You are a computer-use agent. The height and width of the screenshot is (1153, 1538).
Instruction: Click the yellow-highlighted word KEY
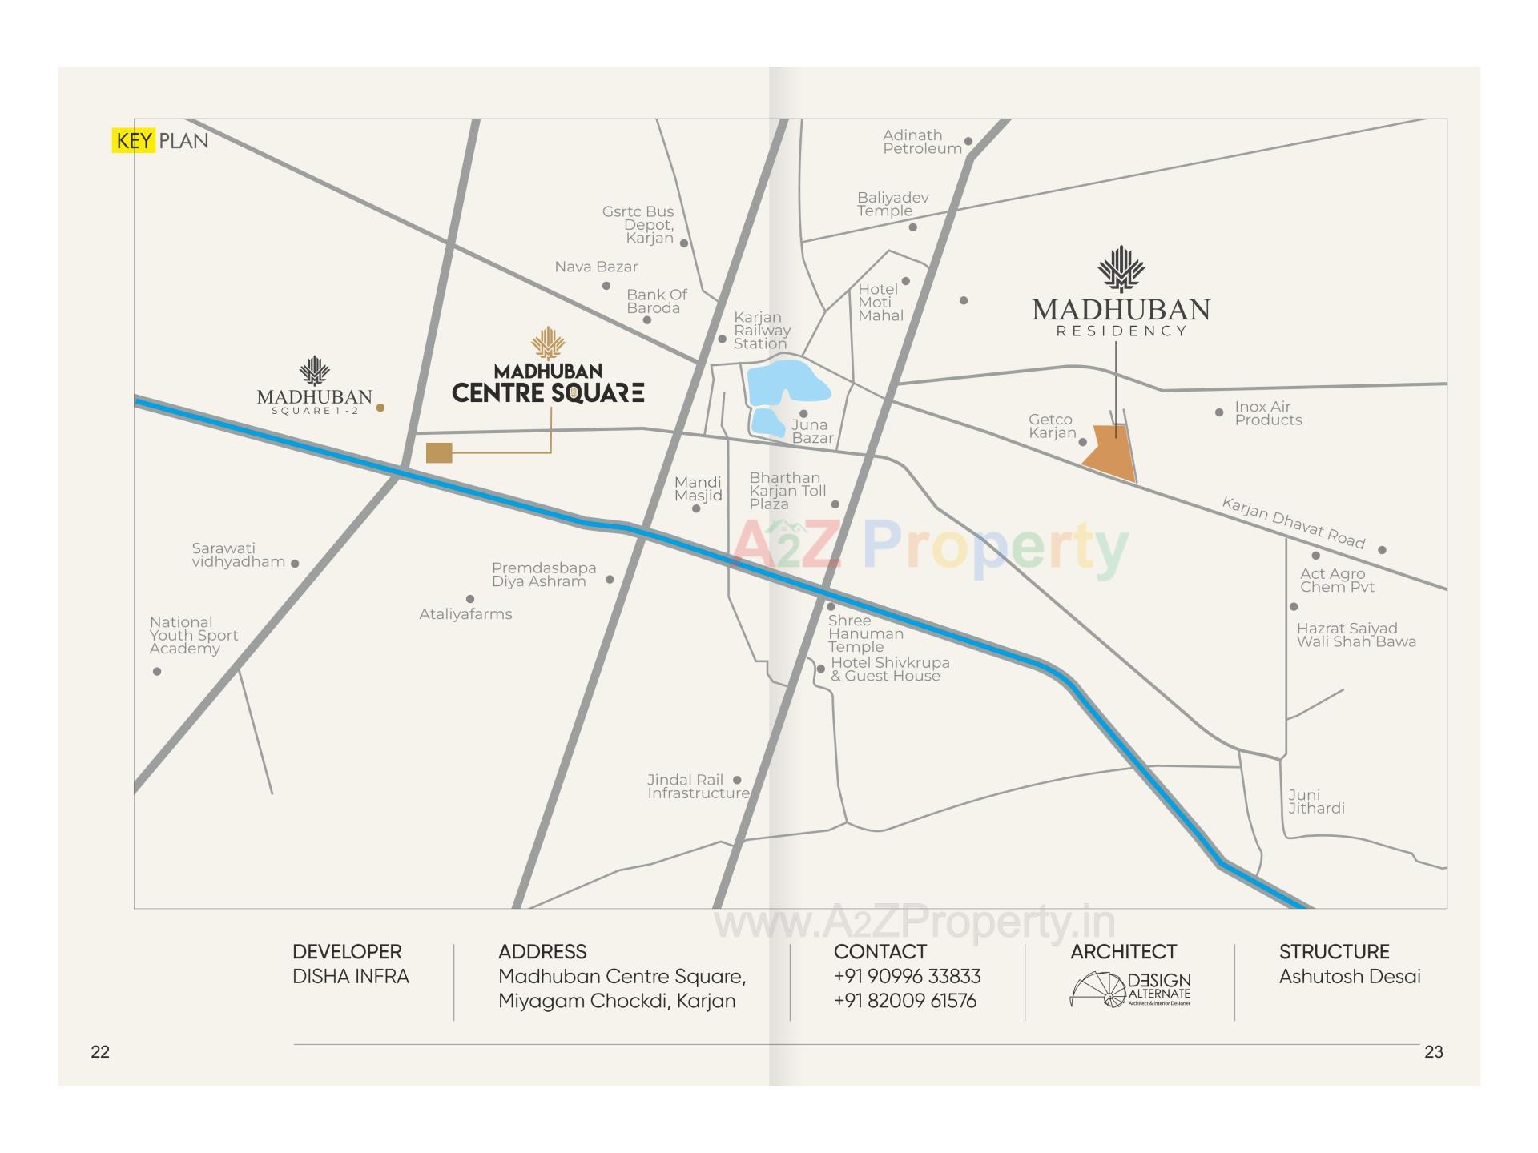pos(133,141)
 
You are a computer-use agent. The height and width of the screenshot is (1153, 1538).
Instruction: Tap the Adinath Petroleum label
pos(921,142)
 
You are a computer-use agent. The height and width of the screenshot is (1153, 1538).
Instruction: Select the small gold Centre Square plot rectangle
pos(439,452)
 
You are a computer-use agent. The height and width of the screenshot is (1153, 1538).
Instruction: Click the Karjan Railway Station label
pos(761,331)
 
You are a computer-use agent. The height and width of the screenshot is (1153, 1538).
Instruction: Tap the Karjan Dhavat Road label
pos(1292,523)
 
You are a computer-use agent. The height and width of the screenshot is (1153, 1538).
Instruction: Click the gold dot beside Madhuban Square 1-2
pos(380,408)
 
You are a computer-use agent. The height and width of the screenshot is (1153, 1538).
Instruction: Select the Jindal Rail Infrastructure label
pos(698,786)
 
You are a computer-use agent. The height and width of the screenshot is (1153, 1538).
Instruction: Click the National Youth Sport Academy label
pos(193,635)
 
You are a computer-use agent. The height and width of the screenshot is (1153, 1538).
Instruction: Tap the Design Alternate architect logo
pos(1130,990)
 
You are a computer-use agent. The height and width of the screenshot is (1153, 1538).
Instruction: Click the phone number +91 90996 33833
pos(907,976)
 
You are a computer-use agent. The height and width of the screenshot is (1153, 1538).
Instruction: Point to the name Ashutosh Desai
pos(1349,976)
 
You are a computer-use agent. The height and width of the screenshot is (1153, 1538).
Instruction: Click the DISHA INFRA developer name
pos(350,976)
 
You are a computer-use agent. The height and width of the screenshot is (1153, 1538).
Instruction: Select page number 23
pos(1433,1052)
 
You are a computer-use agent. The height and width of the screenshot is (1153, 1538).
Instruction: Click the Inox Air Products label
pos(1267,413)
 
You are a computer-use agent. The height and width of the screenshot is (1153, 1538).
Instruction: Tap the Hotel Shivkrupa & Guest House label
pos(889,669)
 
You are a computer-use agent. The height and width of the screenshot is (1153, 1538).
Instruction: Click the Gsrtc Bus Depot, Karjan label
pos(639,225)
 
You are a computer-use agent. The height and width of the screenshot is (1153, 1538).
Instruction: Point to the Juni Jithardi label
pos(1315,801)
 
